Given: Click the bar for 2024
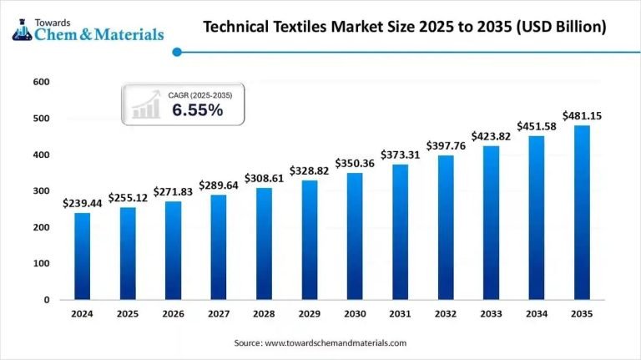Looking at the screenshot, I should tap(83, 256).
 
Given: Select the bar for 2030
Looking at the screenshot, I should tap(355, 236).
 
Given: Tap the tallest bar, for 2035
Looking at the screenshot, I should tap(582, 212).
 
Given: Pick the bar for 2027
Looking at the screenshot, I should tap(219, 246).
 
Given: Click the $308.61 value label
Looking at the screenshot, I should tap(264, 179).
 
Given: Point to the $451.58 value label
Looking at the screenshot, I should tap(537, 127).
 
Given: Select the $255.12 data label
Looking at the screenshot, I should tap(128, 199).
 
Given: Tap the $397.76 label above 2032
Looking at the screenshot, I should tap(446, 146).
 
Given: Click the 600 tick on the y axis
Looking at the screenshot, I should tap(42, 82).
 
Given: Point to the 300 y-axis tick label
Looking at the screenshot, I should tap(42, 191).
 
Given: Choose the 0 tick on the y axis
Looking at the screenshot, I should tap(47, 300).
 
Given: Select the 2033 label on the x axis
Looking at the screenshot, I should tap(491, 314).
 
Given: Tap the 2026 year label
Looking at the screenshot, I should tap(173, 314).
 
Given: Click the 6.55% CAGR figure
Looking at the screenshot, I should tap(197, 110).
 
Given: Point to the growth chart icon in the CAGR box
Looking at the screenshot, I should tap(145, 104).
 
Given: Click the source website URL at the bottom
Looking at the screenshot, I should tap(336, 343).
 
